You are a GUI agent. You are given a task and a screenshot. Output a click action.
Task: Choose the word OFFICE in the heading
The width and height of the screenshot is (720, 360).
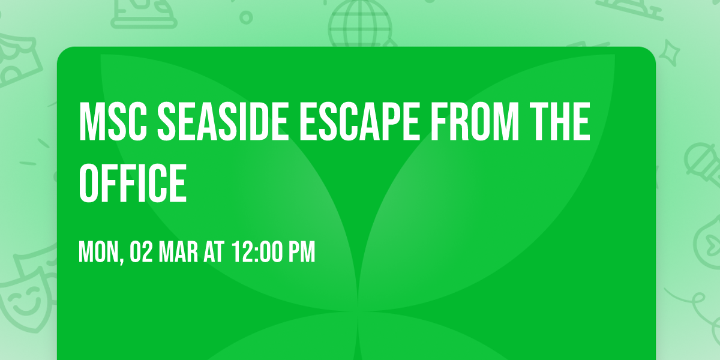click(133, 183)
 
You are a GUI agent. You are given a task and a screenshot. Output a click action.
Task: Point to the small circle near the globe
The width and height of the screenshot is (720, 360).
click(246, 17)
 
